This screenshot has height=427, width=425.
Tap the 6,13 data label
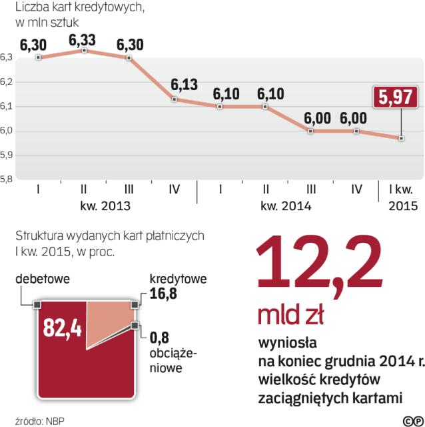point(184,85)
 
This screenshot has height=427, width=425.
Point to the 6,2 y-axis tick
point(7,82)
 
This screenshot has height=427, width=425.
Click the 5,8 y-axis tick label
point(7,179)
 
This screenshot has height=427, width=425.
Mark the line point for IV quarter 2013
point(174,99)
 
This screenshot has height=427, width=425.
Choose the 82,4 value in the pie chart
point(62,328)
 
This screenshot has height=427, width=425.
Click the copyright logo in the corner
point(412,420)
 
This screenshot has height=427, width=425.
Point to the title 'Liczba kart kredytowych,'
point(79,8)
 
